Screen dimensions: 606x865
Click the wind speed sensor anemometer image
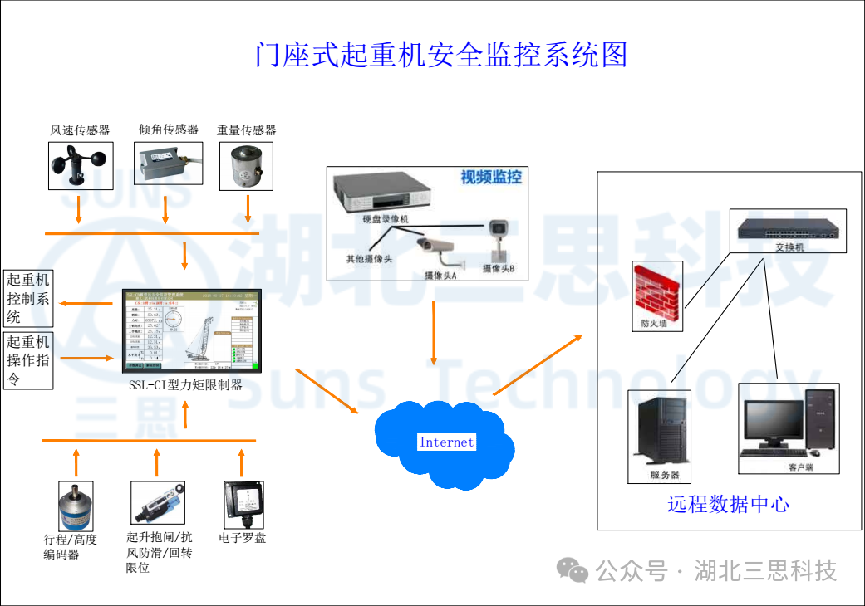pyautogui.click(x=80, y=164)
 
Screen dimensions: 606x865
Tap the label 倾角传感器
pyautogui.click(x=169, y=130)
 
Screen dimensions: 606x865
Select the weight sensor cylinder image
pyautogui.click(x=248, y=166)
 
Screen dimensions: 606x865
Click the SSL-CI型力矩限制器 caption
pyautogui.click(x=186, y=384)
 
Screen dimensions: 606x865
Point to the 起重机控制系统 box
pyautogui.click(x=28, y=298)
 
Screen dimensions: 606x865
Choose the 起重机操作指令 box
pyautogui.click(x=28, y=360)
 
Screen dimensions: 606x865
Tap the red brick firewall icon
pyautogui.click(x=657, y=291)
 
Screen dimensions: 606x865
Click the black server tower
pyautogui.click(x=663, y=432)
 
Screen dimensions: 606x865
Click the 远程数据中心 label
pyautogui.click(x=728, y=504)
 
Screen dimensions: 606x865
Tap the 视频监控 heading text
pyautogui.click(x=491, y=177)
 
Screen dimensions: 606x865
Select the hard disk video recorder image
pyautogui.click(x=382, y=195)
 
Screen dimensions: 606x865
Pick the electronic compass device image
pyautogui.click(x=244, y=502)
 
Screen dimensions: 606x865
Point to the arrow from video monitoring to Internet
pyautogui.click(x=433, y=332)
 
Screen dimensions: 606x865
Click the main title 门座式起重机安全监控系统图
pyautogui.click(x=440, y=55)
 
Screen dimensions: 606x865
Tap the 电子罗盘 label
pyautogui.click(x=243, y=538)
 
